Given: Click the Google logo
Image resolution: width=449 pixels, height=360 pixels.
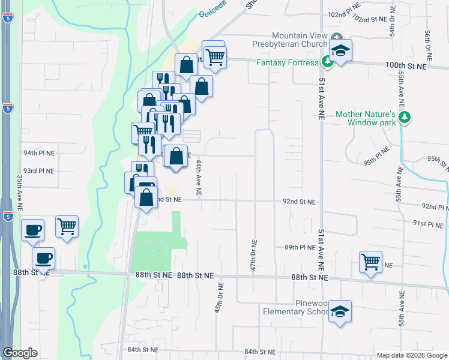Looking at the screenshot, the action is pyautogui.click(x=20, y=353).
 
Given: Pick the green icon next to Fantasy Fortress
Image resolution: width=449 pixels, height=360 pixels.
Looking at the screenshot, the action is pyautogui.click(x=327, y=61).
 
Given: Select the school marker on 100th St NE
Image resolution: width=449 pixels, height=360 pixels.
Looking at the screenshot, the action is pyautogui.click(x=340, y=51).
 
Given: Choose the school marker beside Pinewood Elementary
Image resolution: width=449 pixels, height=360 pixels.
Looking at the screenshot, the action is pyautogui.click(x=340, y=312).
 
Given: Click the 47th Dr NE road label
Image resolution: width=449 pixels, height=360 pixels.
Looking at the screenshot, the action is pyautogui.click(x=253, y=256).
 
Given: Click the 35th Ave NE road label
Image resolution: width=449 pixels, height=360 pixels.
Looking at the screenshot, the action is pyautogui.click(x=20, y=193).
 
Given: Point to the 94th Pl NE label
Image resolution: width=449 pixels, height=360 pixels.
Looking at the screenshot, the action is pyautogui.click(x=39, y=154).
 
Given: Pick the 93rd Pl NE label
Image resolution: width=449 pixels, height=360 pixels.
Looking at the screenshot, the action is pyautogui.click(x=39, y=171).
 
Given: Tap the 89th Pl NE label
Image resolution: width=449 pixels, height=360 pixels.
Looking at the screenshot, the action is pyautogui.click(x=300, y=247).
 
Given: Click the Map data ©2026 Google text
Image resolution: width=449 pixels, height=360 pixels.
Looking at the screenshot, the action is pyautogui.click(x=411, y=355).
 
